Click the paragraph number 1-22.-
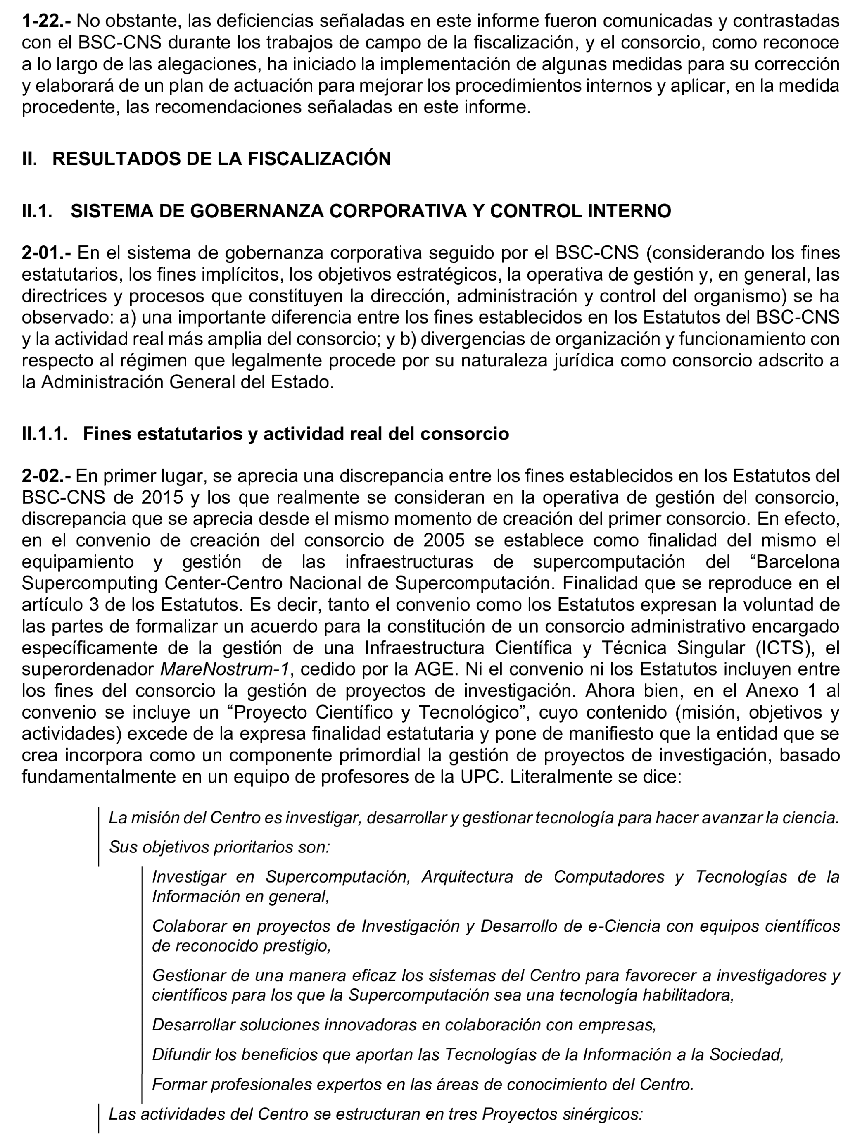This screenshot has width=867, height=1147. coord(45,21)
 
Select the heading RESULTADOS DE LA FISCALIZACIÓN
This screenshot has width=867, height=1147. coord(221,159)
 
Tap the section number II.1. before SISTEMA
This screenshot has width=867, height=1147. coord(37,211)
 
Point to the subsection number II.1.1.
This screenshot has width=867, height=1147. coord(45,433)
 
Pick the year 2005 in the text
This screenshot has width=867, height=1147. coord(444,540)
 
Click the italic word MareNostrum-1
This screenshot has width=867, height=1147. coord(224,669)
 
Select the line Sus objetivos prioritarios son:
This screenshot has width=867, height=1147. coord(219,847)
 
